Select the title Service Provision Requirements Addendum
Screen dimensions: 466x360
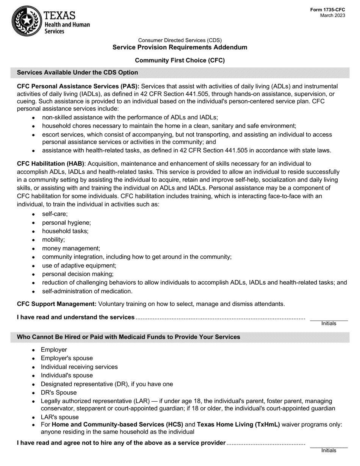point(180,47)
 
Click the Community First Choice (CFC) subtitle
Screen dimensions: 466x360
point(180,60)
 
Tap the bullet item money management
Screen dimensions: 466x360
point(71,248)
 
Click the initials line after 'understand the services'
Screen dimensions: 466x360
point(328,318)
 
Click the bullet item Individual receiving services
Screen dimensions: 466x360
point(79,367)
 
